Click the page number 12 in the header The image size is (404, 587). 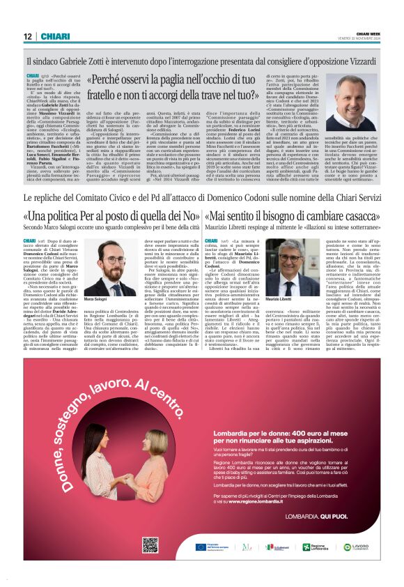tap(27, 36)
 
